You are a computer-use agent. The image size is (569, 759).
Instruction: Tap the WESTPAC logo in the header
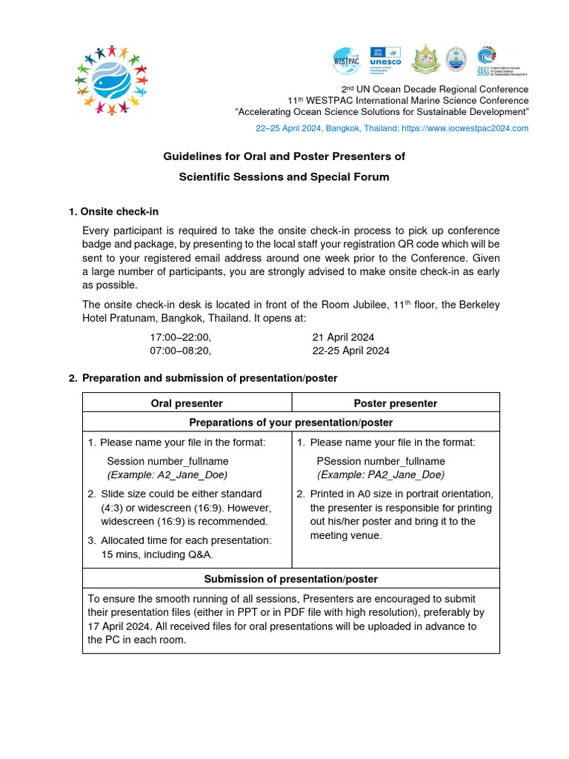tap(347, 60)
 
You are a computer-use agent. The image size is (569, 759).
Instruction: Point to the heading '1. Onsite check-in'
tap(113, 212)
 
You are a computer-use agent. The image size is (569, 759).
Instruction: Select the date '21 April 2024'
tap(344, 337)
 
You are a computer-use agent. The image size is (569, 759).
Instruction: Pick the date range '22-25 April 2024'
tap(351, 351)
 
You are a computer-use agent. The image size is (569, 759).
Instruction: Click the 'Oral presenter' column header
tap(187, 403)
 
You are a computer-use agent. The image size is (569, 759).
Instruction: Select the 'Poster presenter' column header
tap(395, 403)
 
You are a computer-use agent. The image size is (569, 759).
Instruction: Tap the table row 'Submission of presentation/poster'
tap(290, 579)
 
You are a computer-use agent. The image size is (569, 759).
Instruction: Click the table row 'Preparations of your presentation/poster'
tap(290, 422)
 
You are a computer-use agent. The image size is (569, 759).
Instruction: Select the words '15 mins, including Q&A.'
tap(157, 554)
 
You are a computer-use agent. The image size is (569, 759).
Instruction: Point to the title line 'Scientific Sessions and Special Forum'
tap(284, 177)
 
